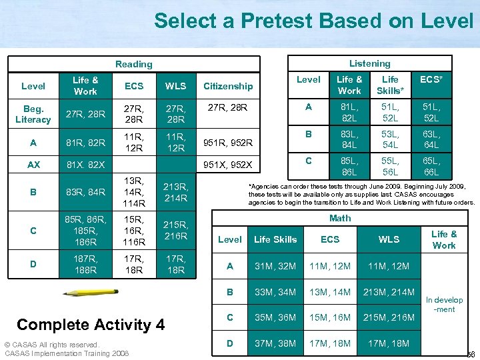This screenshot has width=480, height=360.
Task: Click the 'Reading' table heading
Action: (x=133, y=64)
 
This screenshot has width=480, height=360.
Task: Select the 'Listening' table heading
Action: (x=370, y=63)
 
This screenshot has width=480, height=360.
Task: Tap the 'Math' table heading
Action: (x=340, y=218)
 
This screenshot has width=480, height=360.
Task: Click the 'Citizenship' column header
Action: (x=228, y=86)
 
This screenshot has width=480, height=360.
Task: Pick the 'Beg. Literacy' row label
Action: (x=33, y=113)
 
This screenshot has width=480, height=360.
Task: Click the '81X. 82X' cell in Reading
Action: (x=86, y=165)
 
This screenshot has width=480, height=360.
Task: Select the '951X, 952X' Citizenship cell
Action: (x=228, y=165)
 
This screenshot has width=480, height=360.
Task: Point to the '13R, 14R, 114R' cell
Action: (x=134, y=192)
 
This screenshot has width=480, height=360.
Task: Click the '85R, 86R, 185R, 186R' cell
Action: (x=86, y=230)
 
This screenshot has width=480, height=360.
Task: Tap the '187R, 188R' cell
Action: (x=86, y=265)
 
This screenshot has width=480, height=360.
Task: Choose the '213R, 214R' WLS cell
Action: (x=176, y=192)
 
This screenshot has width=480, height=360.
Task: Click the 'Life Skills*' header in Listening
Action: (x=391, y=85)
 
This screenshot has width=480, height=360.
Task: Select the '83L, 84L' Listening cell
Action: (x=349, y=139)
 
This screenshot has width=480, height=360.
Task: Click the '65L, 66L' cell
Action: (x=431, y=166)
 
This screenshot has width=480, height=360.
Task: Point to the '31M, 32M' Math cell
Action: (x=275, y=266)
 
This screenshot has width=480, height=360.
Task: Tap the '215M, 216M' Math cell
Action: (x=389, y=317)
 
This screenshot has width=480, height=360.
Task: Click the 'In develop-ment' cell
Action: (x=444, y=305)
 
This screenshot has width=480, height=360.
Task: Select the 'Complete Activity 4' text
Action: (x=91, y=325)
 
